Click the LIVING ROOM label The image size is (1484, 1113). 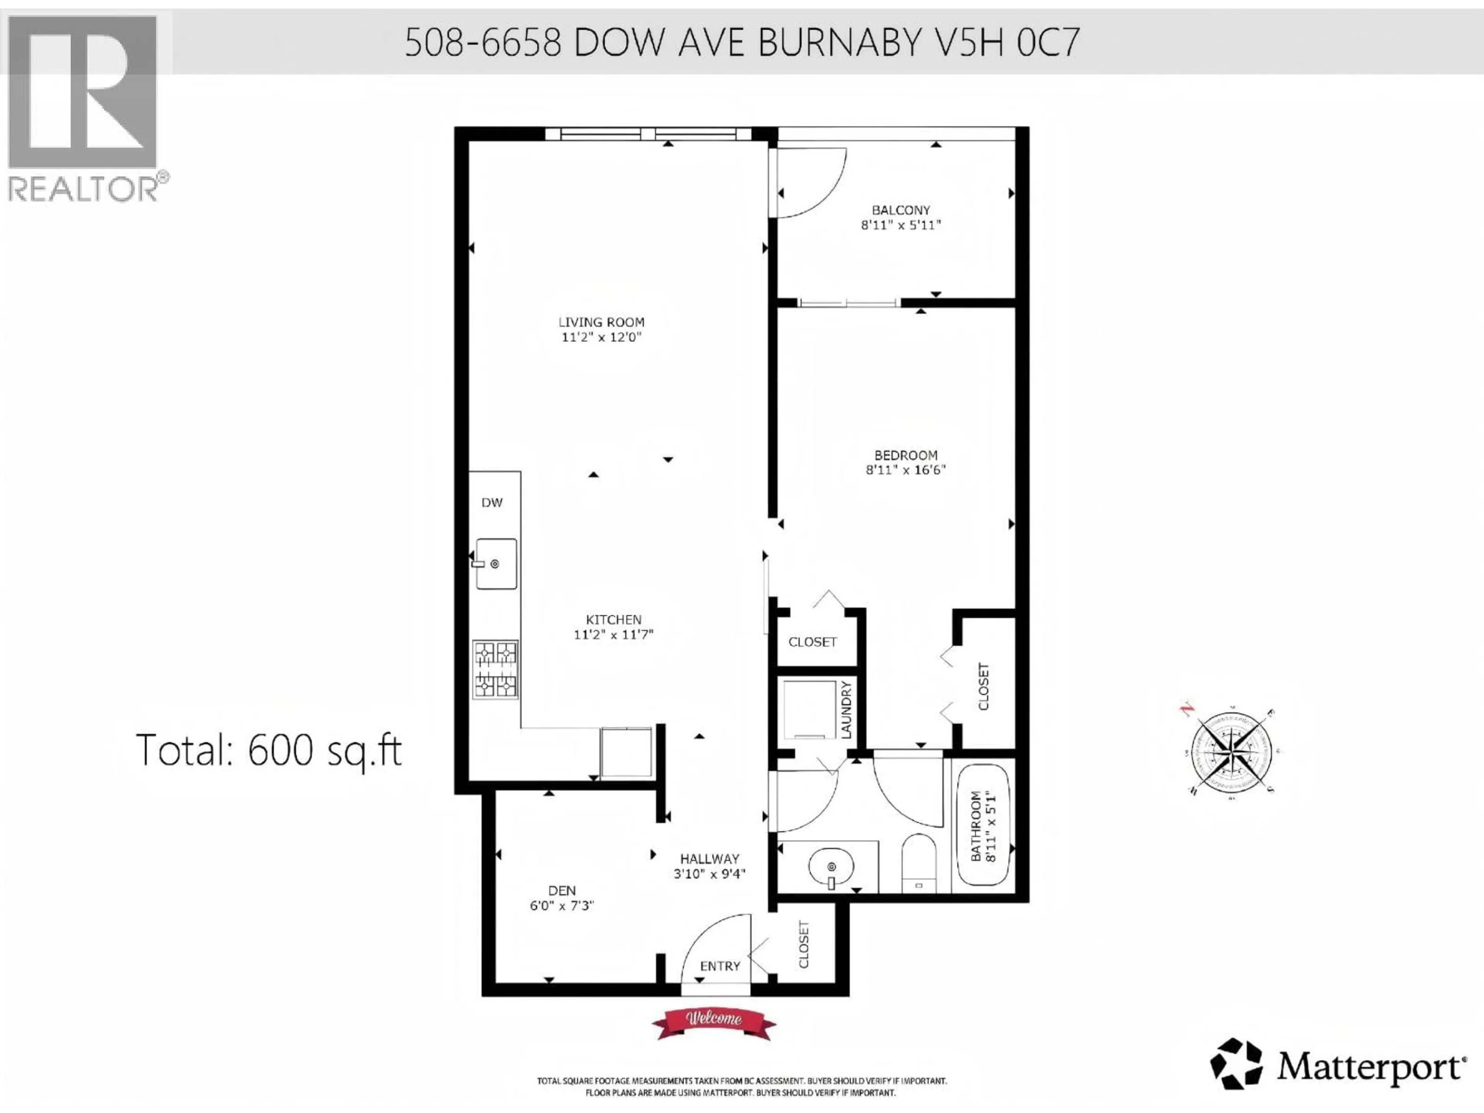602,322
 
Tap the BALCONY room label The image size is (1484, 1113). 900,210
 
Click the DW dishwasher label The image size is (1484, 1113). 492,502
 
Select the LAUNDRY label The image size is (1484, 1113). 845,710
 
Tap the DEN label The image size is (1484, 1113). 562,890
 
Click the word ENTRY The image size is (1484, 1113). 720,966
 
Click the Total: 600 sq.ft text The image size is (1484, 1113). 268,750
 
